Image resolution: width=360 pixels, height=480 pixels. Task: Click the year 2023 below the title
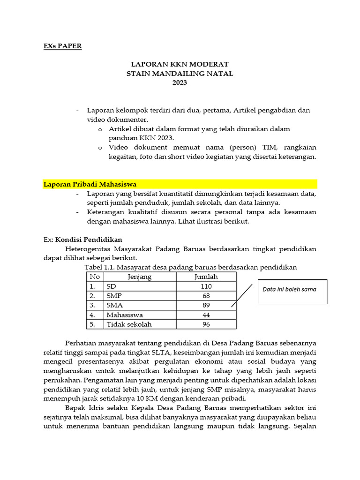pyautogui.click(x=180, y=83)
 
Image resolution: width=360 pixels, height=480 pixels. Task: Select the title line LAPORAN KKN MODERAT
pyautogui.click(x=180, y=64)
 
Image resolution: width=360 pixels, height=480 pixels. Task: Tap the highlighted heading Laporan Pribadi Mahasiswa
pyautogui.click(x=90, y=184)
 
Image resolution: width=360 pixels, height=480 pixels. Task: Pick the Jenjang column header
pyautogui.click(x=140, y=277)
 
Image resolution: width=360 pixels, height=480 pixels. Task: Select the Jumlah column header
pyautogui.click(x=206, y=277)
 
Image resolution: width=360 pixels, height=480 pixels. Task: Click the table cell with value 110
pyautogui.click(x=206, y=286)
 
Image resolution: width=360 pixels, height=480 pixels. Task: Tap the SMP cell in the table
pyautogui.click(x=114, y=296)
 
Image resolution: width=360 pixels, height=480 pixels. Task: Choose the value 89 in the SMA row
pyautogui.click(x=206, y=305)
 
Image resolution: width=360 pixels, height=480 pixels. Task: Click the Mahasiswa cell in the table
pyautogui.click(x=125, y=315)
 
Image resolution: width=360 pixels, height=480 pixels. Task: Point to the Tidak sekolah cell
pyautogui.click(x=129, y=324)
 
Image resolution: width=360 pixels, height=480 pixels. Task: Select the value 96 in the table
pyautogui.click(x=206, y=324)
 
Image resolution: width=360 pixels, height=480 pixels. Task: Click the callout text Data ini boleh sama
pyautogui.click(x=289, y=289)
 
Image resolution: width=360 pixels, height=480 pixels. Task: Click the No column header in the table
pyautogui.click(x=95, y=277)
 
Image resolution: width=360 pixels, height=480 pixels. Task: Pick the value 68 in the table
pyautogui.click(x=206, y=296)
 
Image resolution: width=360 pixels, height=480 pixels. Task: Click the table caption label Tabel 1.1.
pyautogui.click(x=99, y=267)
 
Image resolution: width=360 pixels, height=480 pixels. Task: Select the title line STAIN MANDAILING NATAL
pyautogui.click(x=180, y=74)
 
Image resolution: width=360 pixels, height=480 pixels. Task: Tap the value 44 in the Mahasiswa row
pyautogui.click(x=206, y=315)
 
